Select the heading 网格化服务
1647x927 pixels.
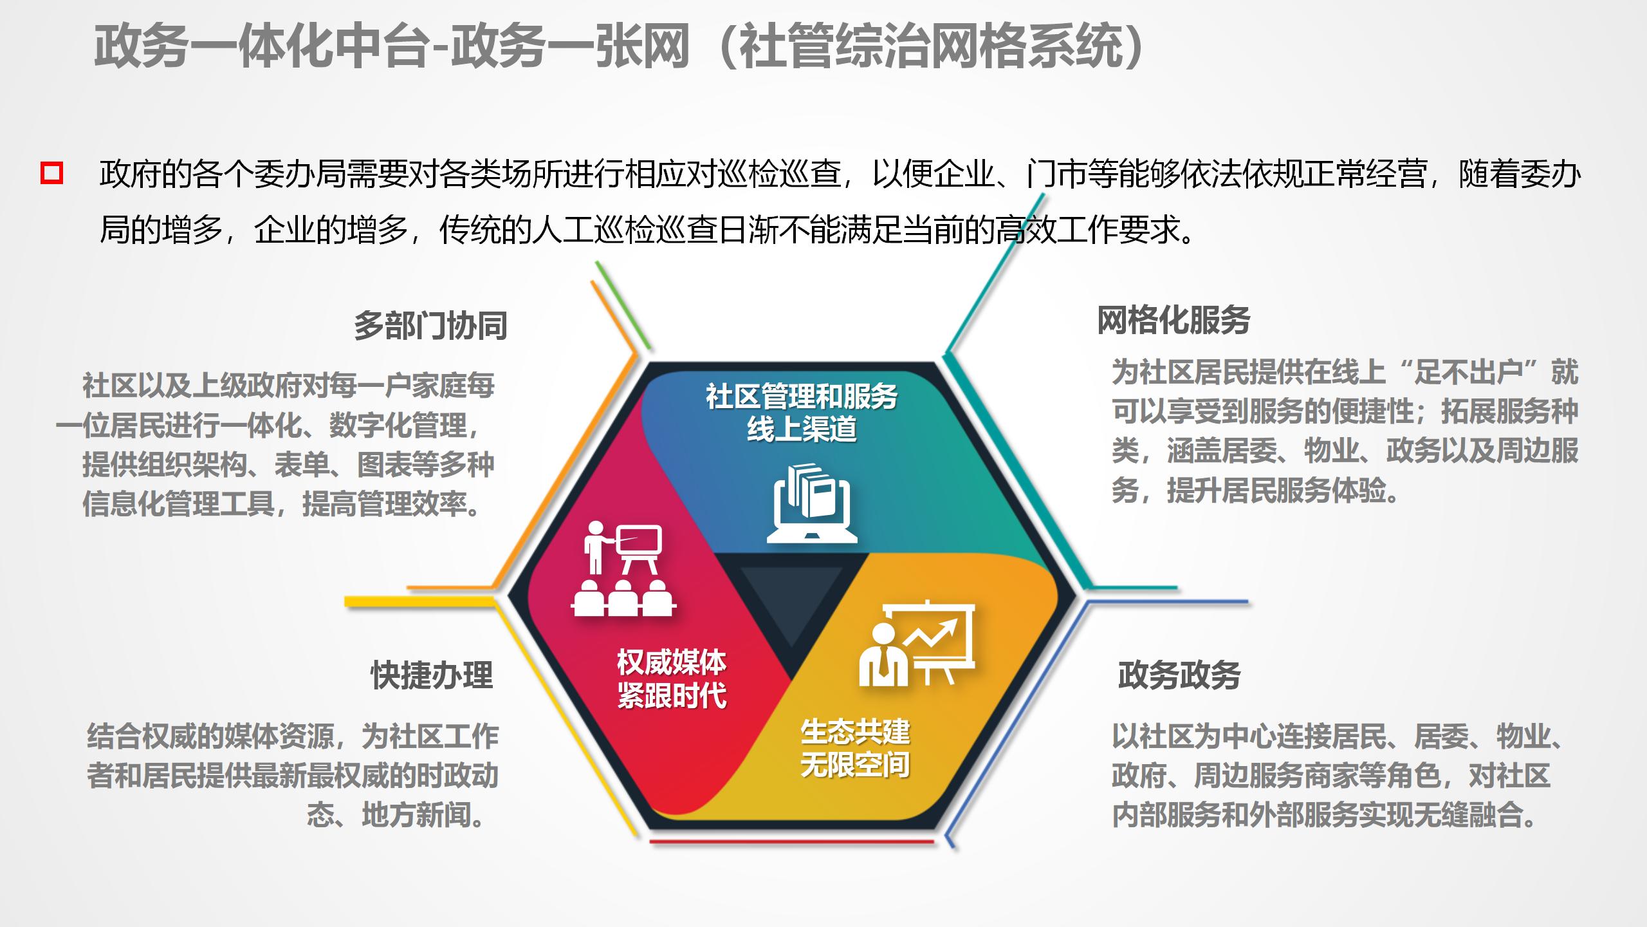(1173, 320)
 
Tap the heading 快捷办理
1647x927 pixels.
(432, 675)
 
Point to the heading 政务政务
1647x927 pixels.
(1179, 675)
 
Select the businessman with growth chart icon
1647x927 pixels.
(917, 644)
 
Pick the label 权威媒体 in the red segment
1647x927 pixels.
(672, 662)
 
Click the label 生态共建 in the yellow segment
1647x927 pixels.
(855, 732)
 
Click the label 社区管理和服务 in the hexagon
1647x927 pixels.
(802, 396)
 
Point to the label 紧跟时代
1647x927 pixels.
(672, 696)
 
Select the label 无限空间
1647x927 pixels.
(855, 765)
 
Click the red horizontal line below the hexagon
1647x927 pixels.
(791, 841)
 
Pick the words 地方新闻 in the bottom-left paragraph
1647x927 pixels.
(416, 816)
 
